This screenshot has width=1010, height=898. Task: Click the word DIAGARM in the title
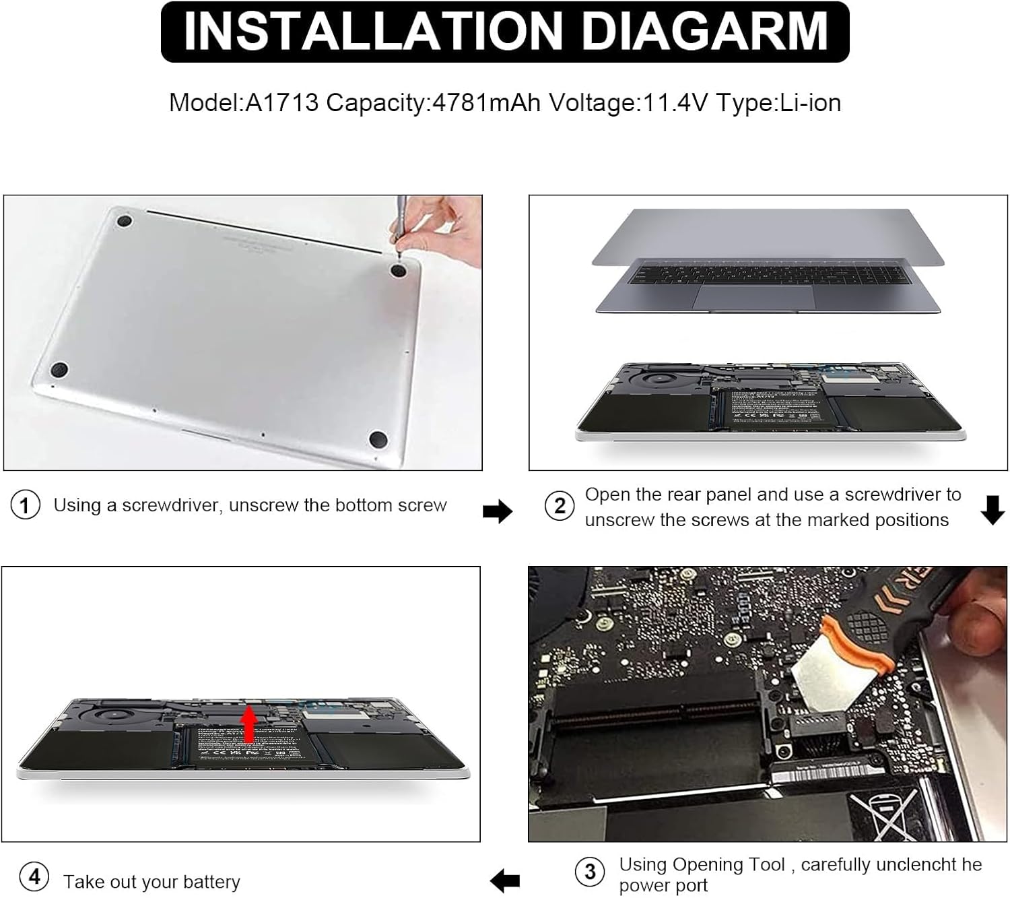pyautogui.click(x=704, y=32)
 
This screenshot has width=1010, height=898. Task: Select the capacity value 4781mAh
pyautogui.click(x=486, y=103)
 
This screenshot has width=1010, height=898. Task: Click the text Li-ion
pyautogui.click(x=810, y=103)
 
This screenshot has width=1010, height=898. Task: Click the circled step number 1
pyautogui.click(x=25, y=505)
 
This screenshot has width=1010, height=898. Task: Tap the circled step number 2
pyautogui.click(x=560, y=505)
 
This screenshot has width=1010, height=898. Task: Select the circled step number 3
pyautogui.click(x=590, y=872)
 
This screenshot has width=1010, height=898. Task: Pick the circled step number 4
pyautogui.click(x=34, y=876)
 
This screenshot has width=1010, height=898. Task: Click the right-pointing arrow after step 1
pyautogui.click(x=498, y=511)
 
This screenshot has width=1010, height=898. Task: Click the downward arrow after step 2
pyautogui.click(x=992, y=510)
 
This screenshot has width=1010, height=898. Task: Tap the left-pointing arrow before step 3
pyautogui.click(x=505, y=880)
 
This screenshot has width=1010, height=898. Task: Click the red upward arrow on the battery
pyautogui.click(x=249, y=724)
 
